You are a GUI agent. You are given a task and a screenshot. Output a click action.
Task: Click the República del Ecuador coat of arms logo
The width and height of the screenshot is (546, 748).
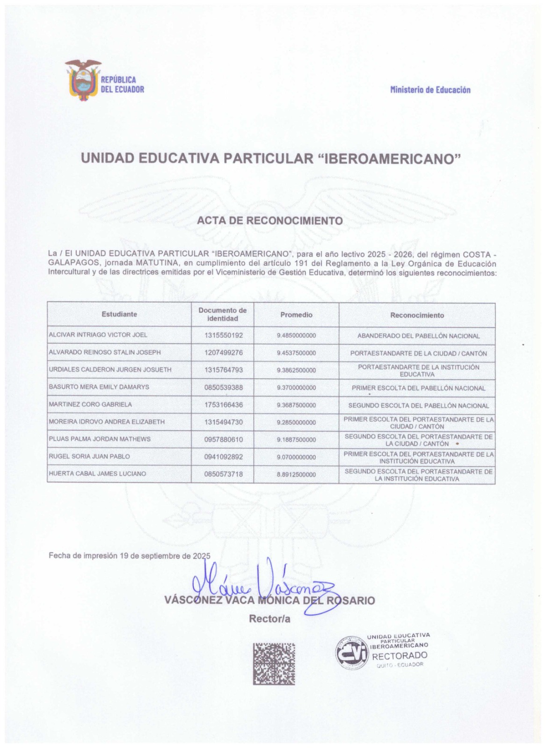tap(83, 80)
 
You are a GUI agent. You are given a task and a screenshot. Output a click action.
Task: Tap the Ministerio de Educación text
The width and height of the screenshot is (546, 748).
tap(430, 90)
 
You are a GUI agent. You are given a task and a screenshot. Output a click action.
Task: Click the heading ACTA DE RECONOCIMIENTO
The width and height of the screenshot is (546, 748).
tap(270, 220)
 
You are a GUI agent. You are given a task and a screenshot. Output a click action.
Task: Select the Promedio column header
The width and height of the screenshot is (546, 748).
tap(296, 315)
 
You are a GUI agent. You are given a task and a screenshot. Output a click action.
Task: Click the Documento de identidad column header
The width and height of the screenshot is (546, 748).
tap(222, 315)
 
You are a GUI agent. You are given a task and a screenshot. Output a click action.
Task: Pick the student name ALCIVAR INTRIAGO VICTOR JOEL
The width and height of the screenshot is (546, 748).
tap(98, 335)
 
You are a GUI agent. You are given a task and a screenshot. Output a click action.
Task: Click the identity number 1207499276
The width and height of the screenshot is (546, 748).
tap(224, 352)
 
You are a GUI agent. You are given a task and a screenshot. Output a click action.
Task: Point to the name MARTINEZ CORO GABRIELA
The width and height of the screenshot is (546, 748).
tap(90, 404)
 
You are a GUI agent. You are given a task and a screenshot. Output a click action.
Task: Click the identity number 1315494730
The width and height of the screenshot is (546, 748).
tap(224, 422)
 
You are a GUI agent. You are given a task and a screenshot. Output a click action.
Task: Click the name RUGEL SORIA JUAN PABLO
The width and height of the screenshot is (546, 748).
tap(89, 456)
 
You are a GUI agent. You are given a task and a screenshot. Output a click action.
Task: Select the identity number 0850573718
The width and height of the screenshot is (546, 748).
tap(224, 474)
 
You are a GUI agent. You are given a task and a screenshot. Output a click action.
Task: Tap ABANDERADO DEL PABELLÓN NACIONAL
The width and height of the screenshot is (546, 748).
tap(418, 336)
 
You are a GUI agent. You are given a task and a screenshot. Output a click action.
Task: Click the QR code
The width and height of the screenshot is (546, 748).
tap(274, 664)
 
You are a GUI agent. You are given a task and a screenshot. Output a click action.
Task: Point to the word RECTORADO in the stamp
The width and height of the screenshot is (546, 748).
tap(400, 655)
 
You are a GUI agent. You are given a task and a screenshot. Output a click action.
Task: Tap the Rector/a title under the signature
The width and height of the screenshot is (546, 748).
tap(270, 619)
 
